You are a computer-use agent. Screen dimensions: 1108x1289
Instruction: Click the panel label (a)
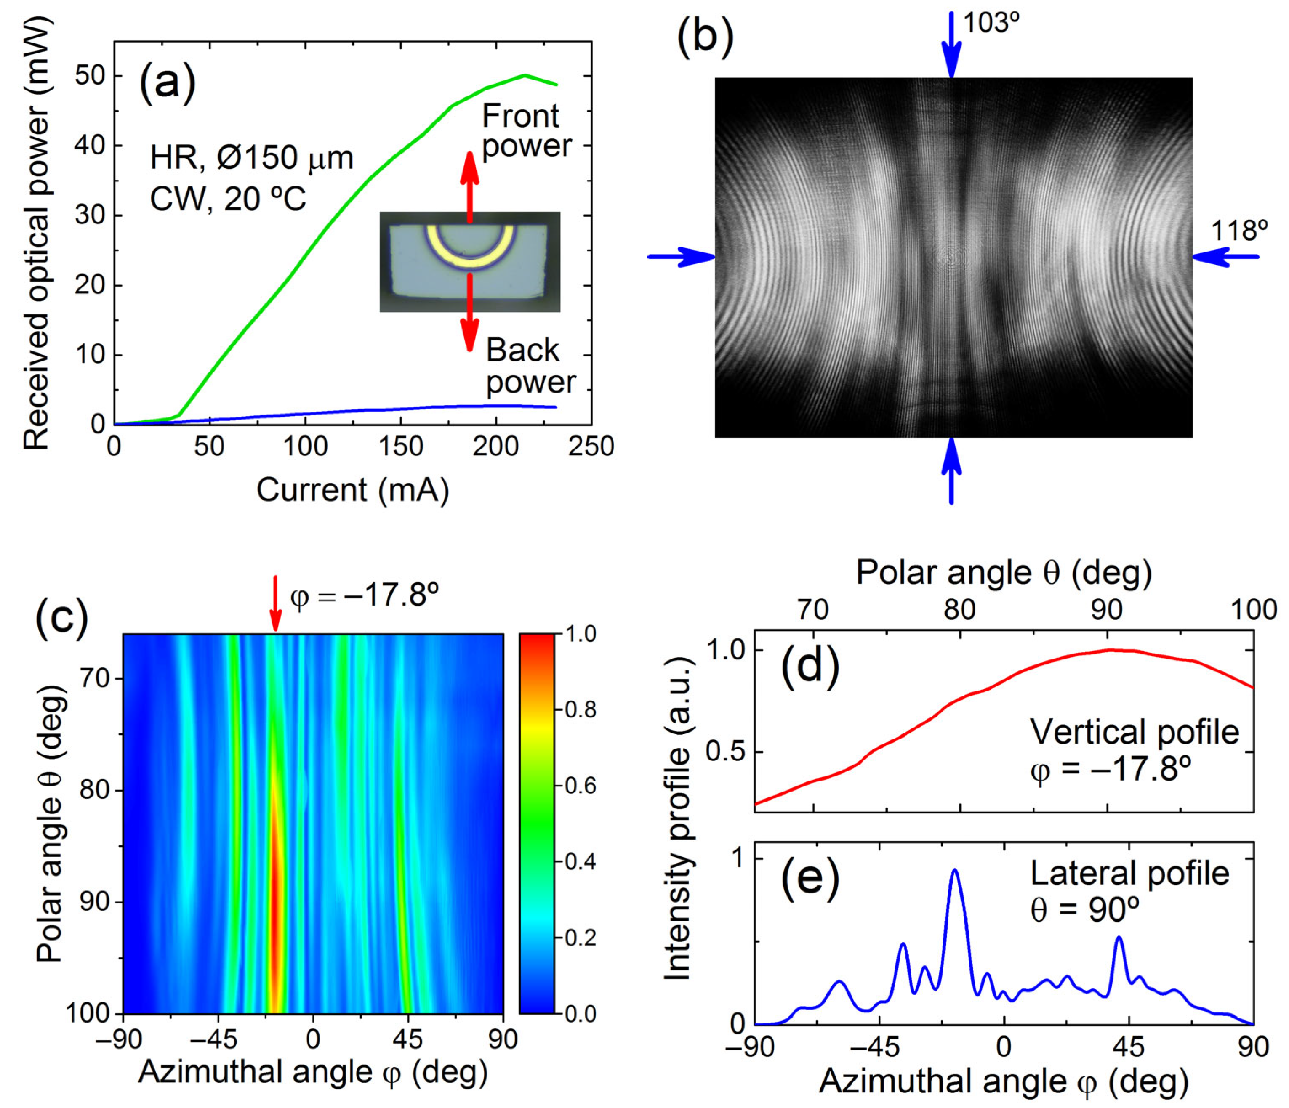pyautogui.click(x=167, y=84)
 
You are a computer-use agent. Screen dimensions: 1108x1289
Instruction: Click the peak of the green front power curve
pyautogui.click(x=525, y=75)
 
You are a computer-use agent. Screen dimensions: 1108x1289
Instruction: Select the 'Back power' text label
pyautogui.click(x=530, y=366)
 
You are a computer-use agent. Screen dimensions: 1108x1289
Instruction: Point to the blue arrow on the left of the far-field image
pyautogui.click(x=681, y=256)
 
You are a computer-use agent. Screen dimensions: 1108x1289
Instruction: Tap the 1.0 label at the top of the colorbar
pyautogui.click(x=581, y=634)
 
